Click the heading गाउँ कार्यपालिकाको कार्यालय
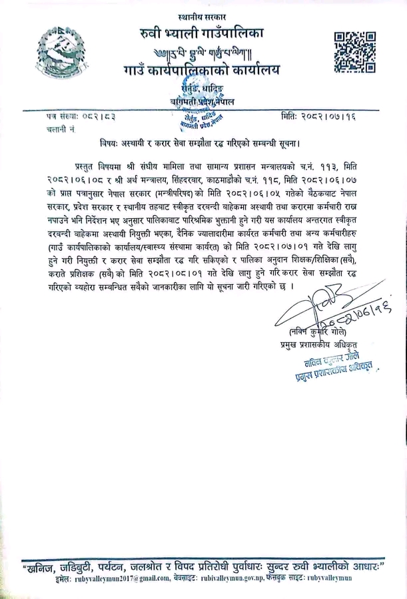pyautogui.click(x=202, y=70)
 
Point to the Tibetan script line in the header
pyautogui.click(x=202, y=51)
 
